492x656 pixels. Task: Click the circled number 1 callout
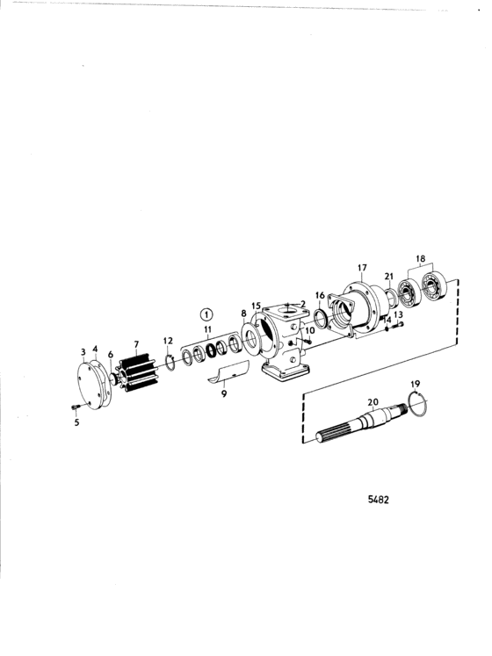(x=206, y=314)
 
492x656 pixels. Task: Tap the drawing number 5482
(x=378, y=499)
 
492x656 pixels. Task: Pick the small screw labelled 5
(x=76, y=407)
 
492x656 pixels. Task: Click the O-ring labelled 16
(x=321, y=320)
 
